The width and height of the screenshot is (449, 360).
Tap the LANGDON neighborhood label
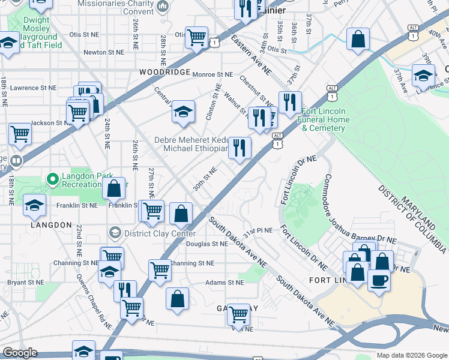tap(50, 224)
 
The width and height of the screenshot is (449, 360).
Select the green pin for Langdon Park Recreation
tap(53, 179)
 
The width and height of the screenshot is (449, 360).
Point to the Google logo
tap(20, 353)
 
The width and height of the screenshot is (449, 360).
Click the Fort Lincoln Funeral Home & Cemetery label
tap(331, 119)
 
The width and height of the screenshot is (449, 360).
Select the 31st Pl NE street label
tap(258, 230)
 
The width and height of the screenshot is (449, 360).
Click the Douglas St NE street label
tap(206, 244)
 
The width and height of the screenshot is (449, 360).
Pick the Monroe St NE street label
tap(214, 74)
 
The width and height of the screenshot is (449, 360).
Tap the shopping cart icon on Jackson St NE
tap(20, 134)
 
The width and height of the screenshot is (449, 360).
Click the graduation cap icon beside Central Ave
tap(184, 112)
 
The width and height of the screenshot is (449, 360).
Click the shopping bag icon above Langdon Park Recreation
tap(113, 189)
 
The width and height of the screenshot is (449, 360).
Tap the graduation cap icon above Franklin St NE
tap(35, 205)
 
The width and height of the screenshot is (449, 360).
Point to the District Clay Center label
tap(159, 233)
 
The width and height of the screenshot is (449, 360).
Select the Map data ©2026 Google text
tap(411, 355)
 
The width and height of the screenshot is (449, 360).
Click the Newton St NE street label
tap(104, 52)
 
